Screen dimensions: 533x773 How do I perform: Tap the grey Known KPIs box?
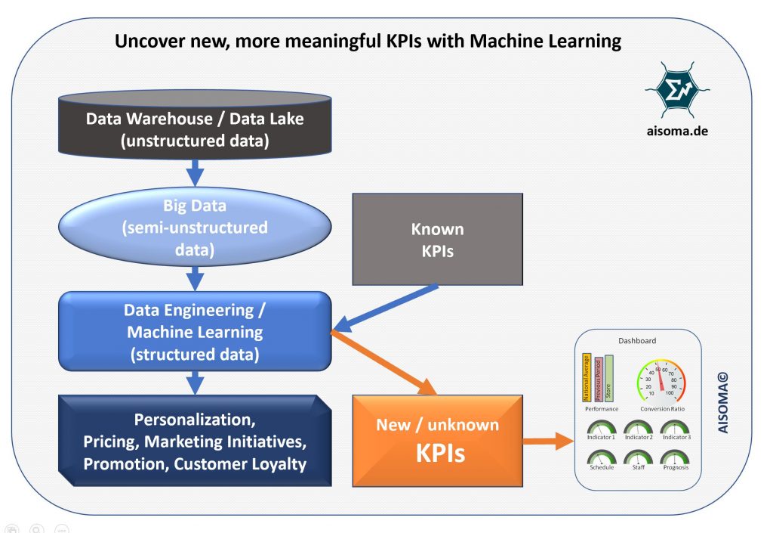pyautogui.click(x=437, y=240)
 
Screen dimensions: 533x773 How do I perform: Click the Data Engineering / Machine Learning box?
pyautogui.click(x=195, y=331)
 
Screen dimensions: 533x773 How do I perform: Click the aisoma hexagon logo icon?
pyautogui.click(x=676, y=90)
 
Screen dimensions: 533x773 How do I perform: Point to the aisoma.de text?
pyautogui.click(x=676, y=130)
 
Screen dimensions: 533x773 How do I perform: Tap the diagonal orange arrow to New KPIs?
pyautogui.click(x=385, y=363)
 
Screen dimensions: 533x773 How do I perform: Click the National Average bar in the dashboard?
pyautogui.click(x=587, y=377)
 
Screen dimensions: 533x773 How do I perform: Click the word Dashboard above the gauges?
pyautogui.click(x=637, y=341)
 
